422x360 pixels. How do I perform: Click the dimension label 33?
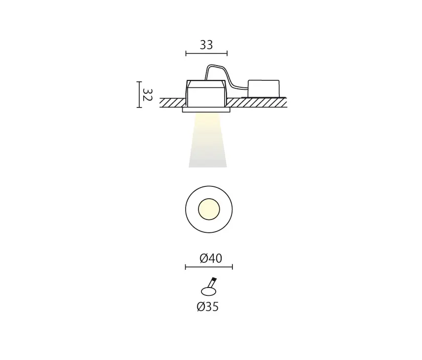[x=206, y=45]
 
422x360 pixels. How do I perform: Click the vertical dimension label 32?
[x=148, y=95]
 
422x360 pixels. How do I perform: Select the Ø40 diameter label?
[x=211, y=258]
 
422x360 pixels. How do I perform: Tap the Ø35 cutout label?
[x=207, y=307]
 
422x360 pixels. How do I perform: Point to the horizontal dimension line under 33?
[x=206, y=53]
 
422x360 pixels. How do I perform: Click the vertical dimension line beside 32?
[x=139, y=94]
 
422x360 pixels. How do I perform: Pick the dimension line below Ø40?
[x=209, y=267]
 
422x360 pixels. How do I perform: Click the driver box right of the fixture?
[x=264, y=88]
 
